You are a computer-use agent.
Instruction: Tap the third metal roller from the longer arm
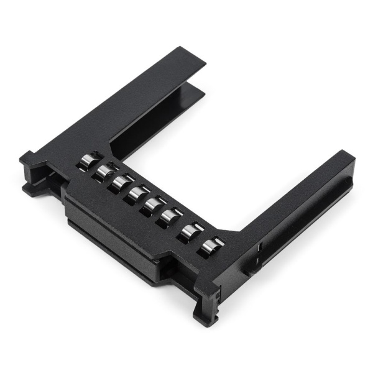[120, 182]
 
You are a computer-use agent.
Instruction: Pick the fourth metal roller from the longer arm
[136, 193]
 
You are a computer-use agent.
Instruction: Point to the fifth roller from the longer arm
[153, 205]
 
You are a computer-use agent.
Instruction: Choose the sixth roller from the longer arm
[170, 216]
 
